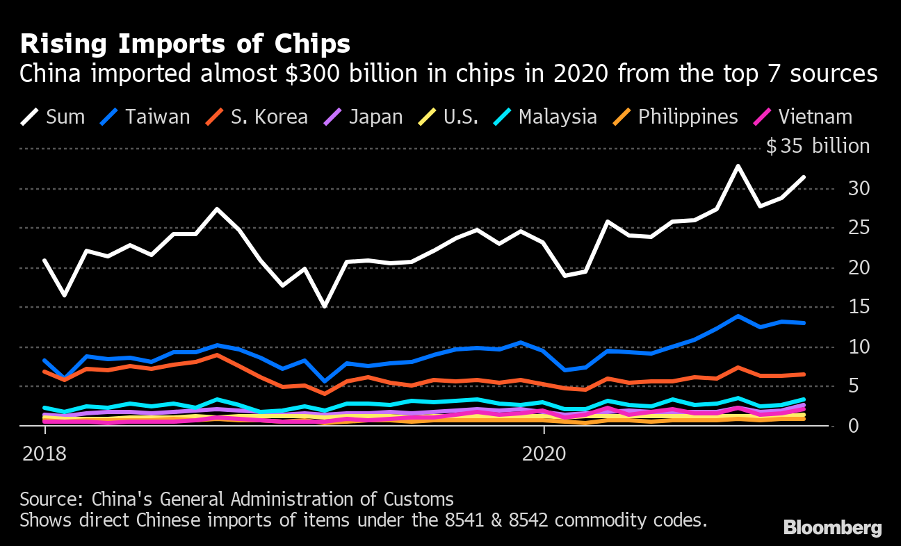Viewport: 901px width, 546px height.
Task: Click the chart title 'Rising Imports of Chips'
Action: click(185, 44)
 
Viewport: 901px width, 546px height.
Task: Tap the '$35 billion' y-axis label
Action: click(818, 147)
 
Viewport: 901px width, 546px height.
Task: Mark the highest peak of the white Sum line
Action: click(738, 166)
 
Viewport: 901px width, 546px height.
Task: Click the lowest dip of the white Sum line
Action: click(325, 306)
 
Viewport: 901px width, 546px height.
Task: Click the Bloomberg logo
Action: click(832, 528)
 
